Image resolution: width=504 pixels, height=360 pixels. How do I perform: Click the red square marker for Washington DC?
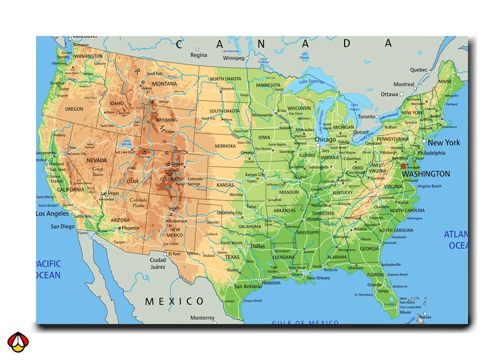403,166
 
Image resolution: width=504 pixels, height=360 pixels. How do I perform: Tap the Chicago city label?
325,139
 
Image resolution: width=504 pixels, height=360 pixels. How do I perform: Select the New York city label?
444,143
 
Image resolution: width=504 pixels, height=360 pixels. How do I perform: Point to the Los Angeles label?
52,214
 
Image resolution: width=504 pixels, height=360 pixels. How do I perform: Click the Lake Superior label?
312,82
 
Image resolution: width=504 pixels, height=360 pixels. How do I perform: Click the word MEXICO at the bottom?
175,301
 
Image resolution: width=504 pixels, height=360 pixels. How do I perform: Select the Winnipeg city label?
234,58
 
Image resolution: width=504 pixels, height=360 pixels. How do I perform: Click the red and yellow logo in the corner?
18,342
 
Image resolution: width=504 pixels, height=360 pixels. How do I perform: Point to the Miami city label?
405,312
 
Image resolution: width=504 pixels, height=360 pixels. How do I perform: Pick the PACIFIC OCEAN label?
48,269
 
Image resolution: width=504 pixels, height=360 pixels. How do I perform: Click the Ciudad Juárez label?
157,264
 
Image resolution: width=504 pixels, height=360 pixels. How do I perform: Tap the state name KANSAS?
225,185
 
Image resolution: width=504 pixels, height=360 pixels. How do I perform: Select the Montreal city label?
404,84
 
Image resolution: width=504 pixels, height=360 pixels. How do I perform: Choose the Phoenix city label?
130,228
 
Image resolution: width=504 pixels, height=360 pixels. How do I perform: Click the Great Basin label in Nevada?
98,172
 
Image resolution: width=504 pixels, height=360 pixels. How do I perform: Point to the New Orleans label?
318,278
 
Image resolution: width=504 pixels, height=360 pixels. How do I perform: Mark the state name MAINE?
445,82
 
